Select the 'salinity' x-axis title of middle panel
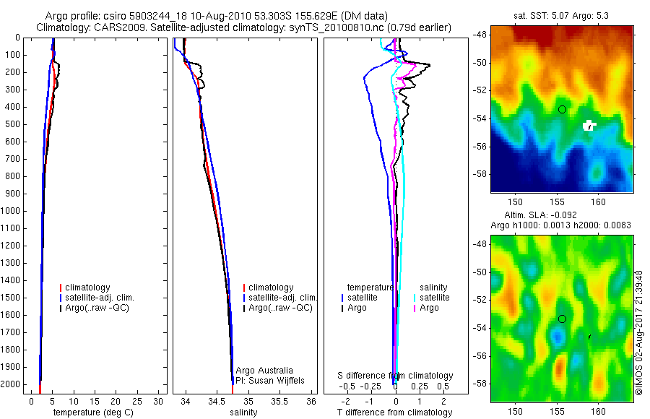[x=244, y=412]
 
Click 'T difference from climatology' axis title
[x=394, y=412]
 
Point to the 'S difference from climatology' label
[x=396, y=376]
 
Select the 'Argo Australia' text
[x=264, y=370]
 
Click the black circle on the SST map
[x=562, y=109]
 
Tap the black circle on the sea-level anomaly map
[x=562, y=319]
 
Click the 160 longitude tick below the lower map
[x=598, y=410]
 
